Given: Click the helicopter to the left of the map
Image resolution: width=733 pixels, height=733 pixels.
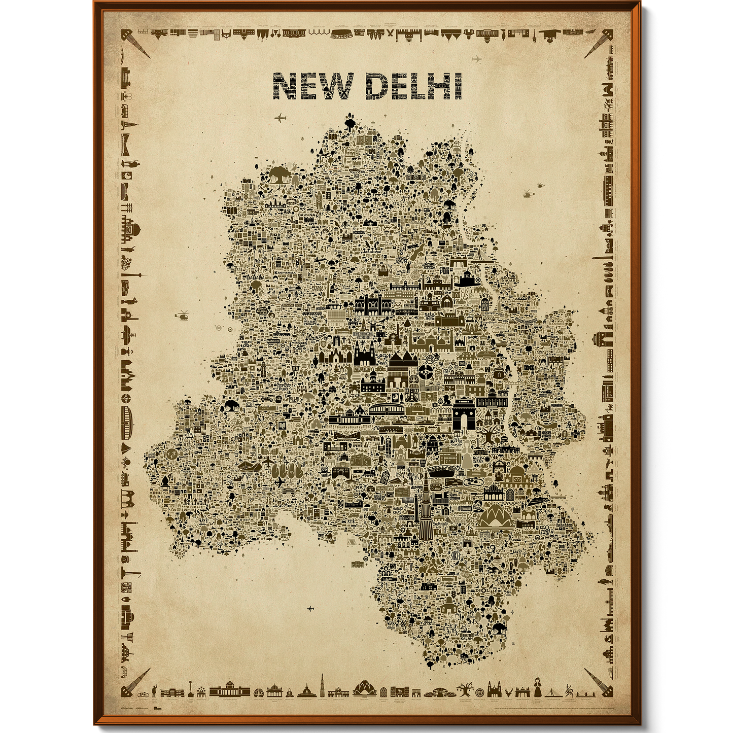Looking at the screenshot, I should click(x=182, y=315).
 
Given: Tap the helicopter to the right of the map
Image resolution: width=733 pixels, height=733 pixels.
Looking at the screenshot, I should click(x=528, y=193).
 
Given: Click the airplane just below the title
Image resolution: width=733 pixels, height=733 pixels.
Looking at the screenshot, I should click(x=280, y=118).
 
